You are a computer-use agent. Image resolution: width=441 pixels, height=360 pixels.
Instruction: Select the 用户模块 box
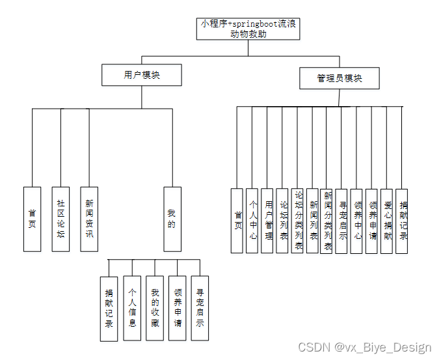tap(141, 76)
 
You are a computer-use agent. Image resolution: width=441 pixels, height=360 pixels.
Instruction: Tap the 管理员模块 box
tap(339, 78)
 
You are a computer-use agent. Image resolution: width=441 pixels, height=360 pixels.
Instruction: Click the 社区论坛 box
tap(60, 219)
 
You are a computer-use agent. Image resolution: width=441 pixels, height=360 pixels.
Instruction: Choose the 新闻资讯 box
tap(89, 219)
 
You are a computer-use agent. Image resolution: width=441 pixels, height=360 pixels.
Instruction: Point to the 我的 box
tap(172, 219)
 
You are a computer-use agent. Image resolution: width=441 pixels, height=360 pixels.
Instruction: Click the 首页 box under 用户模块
tap(32, 219)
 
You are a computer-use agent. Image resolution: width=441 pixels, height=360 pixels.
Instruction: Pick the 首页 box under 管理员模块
tap(238, 221)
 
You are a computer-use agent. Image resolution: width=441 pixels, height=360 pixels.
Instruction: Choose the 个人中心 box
tap(253, 221)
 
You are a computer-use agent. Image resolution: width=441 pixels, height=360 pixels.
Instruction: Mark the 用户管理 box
tap(267, 221)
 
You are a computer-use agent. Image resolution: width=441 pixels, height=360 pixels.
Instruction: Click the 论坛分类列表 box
tap(298, 221)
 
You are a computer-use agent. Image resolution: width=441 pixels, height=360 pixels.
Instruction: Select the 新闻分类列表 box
tap(328, 221)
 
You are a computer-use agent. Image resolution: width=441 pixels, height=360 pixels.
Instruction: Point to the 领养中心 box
tap(356, 221)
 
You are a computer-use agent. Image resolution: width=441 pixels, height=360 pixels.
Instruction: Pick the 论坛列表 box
tap(282, 221)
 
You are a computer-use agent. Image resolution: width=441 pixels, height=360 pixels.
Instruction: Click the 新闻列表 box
tap(313, 221)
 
